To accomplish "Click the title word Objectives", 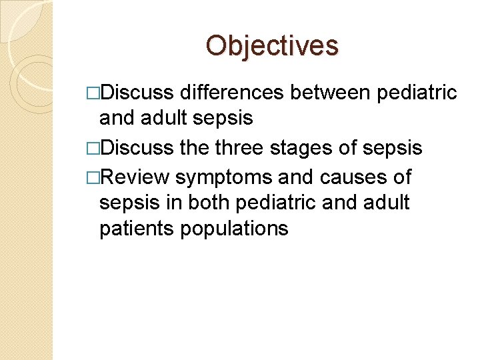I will [x=272, y=45].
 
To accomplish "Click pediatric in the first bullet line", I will [x=417, y=93].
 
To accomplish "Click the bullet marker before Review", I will [x=93, y=177].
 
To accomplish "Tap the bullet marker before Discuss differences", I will [x=93, y=93].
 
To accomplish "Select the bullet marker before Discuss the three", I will [x=93, y=149].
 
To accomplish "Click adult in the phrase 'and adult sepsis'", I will [x=165, y=118].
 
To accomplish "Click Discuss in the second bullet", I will [x=137, y=148].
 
